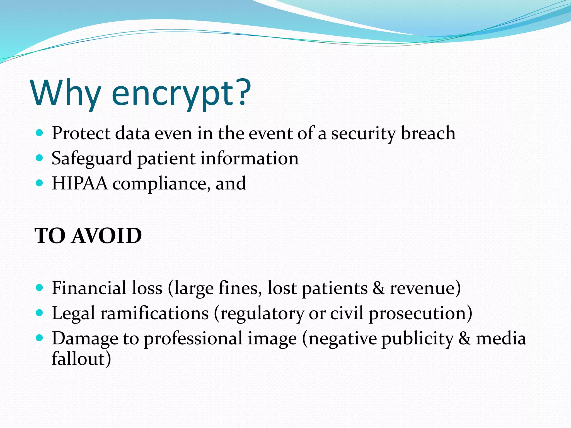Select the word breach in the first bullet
coord(428,133)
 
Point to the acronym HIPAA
coord(79,184)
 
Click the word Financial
coord(89,288)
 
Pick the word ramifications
coord(154,313)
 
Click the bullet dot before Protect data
coord(40,133)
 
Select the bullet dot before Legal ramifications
coord(40,313)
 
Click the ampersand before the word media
coord(464,339)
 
